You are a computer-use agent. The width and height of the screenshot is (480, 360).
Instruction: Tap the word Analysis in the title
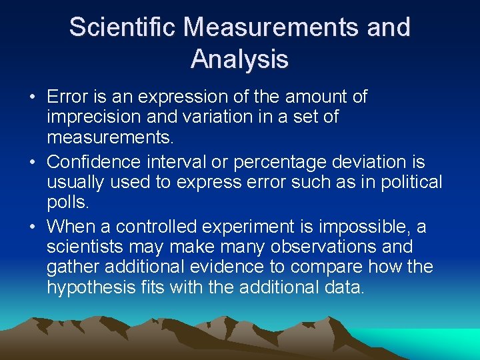(x=239, y=59)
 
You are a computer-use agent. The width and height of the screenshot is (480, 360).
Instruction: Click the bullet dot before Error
(x=33, y=98)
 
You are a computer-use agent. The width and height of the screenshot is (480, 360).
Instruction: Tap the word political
(x=413, y=182)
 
